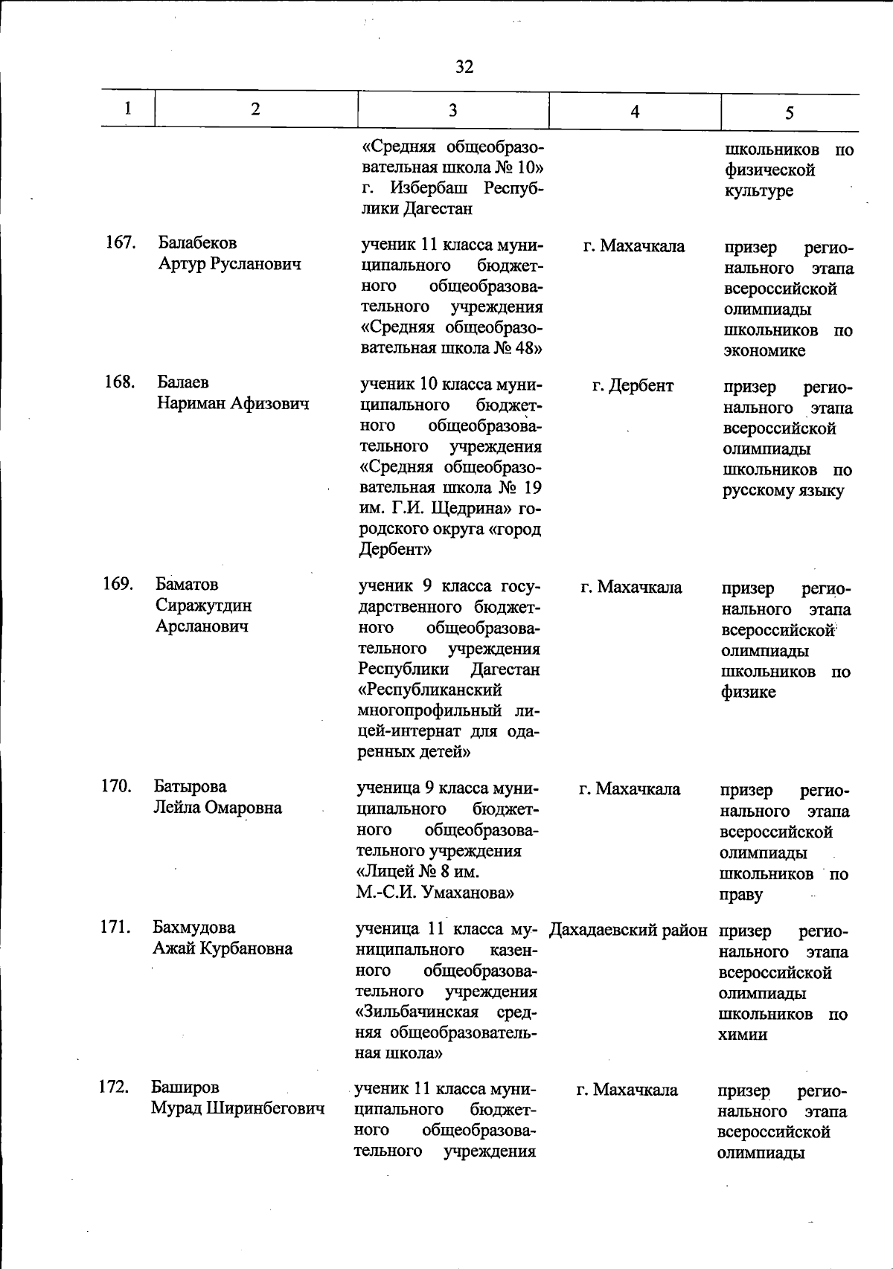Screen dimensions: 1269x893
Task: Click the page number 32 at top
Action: (464, 67)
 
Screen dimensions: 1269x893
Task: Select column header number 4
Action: (635, 112)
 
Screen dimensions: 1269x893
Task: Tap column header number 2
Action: (256, 109)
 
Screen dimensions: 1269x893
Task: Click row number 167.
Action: (120, 242)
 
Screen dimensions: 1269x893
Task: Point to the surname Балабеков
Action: (197, 243)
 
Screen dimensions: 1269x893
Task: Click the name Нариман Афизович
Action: (233, 404)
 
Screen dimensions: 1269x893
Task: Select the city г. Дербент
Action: (633, 386)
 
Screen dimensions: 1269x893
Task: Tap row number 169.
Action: (118, 584)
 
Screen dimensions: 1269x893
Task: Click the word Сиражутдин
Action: (203, 605)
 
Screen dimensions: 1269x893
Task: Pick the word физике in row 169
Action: (748, 693)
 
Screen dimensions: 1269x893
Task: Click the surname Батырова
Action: (191, 787)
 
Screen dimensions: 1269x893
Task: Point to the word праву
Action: (740, 895)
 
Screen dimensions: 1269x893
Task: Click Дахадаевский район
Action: (628, 931)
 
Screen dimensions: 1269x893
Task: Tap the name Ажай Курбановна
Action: (223, 948)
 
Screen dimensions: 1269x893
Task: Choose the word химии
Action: (743, 1035)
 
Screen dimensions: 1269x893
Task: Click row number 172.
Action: (114, 1088)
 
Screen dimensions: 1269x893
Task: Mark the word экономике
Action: (764, 351)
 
